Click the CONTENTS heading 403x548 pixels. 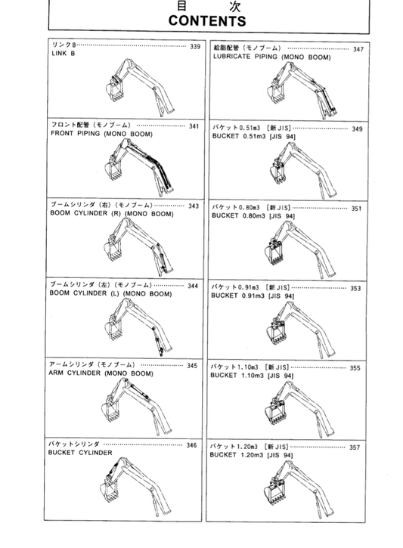(201, 21)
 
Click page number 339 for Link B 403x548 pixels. (195, 47)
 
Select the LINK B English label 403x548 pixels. (63, 55)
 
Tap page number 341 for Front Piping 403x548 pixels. (194, 126)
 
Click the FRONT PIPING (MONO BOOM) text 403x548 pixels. (101, 135)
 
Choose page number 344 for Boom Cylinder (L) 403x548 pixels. (193, 286)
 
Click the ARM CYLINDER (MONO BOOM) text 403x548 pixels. (101, 373)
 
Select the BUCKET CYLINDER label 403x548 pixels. (80, 453)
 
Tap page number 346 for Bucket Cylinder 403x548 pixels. (192, 445)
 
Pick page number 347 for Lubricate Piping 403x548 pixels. (358, 49)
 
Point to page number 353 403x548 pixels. (355, 288)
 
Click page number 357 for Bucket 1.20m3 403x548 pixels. (355, 447)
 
